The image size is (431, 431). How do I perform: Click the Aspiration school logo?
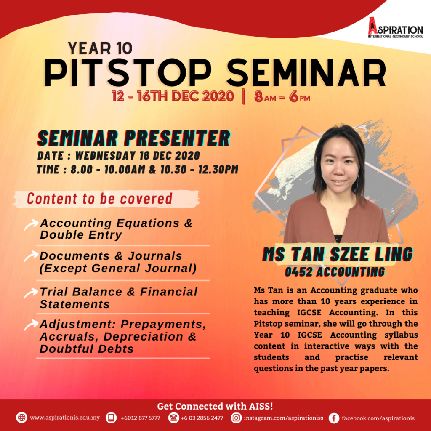pyautogui.click(x=395, y=27)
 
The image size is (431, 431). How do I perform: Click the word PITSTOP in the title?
pyautogui.click(x=128, y=73)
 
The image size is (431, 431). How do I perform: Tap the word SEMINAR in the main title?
pyautogui.click(x=306, y=73)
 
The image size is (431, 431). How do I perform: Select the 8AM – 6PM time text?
pyautogui.click(x=282, y=97)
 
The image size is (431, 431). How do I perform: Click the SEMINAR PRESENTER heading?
pyautogui.click(x=133, y=138)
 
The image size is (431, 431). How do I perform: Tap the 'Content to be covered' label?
pyautogui.click(x=99, y=199)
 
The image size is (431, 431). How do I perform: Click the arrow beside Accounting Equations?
pyautogui.click(x=31, y=224)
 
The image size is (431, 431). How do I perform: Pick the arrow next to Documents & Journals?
pyautogui.click(x=31, y=256)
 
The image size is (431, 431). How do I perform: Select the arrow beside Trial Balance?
pyautogui.click(x=31, y=293)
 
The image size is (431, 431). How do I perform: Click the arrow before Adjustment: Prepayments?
pyautogui.click(x=31, y=325)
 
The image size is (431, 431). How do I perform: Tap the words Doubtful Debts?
pyautogui.click(x=87, y=349)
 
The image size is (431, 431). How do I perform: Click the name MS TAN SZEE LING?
pyautogui.click(x=338, y=254)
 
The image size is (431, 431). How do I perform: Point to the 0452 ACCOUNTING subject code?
pyautogui.click(x=335, y=272)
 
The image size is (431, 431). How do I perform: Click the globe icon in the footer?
pyautogui.click(x=22, y=418)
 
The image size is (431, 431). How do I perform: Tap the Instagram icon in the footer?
pyautogui.click(x=236, y=418)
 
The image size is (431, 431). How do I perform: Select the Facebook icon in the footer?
pyautogui.click(x=334, y=418)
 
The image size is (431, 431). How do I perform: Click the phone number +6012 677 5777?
pyautogui.click(x=140, y=418)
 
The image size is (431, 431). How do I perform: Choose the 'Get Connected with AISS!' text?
pyautogui.click(x=215, y=406)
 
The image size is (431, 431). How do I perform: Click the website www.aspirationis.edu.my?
pyautogui.click(x=65, y=418)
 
